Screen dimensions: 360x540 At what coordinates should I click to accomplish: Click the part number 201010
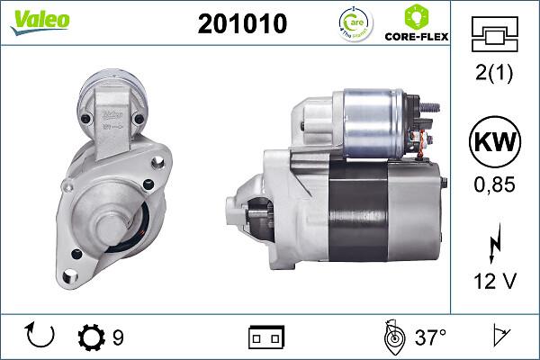[x=242, y=24]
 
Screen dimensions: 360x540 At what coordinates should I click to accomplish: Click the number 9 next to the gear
[x=118, y=337]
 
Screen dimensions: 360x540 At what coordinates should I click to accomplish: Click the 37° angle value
[x=431, y=337]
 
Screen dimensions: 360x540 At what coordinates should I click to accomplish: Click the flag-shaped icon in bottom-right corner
[x=500, y=337]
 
